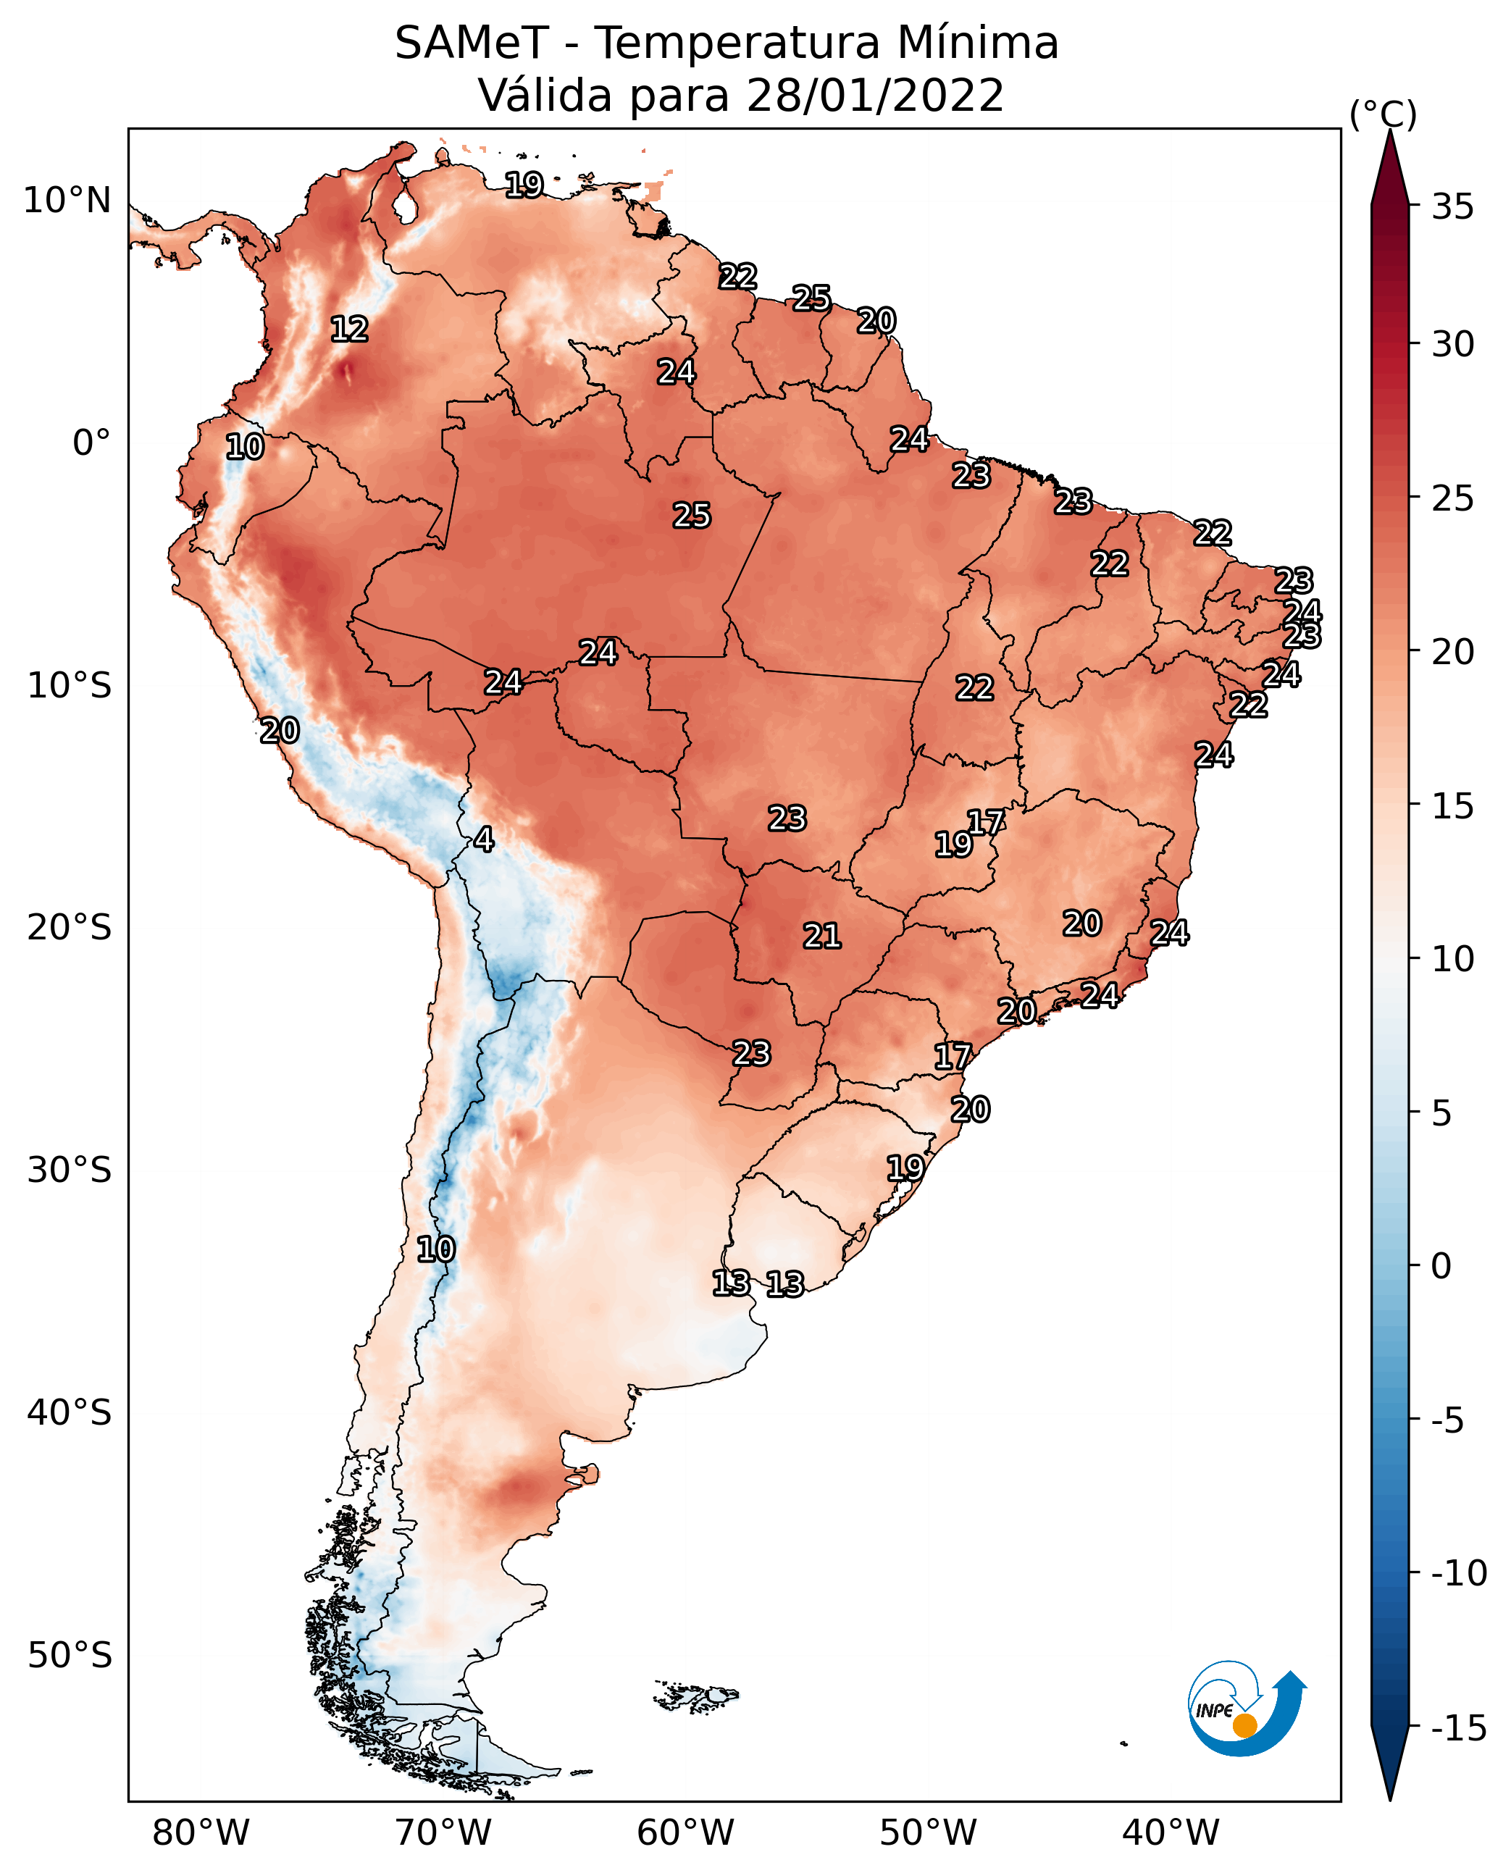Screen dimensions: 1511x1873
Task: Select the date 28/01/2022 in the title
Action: (875, 95)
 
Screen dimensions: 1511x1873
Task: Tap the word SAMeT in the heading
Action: (472, 43)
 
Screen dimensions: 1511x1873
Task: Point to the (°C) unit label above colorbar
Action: (1383, 114)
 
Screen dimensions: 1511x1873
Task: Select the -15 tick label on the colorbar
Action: (1459, 1727)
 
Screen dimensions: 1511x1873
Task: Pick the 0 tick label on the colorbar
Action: (1441, 1265)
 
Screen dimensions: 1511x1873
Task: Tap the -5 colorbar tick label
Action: (1448, 1420)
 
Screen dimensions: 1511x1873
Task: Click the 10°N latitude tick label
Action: (67, 201)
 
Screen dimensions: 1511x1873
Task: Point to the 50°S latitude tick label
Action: (70, 1656)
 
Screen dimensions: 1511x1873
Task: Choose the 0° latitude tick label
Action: (91, 443)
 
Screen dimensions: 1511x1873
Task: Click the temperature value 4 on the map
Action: (484, 840)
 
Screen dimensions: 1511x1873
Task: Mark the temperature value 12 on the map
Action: (350, 329)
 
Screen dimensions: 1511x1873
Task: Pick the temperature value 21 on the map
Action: (821, 936)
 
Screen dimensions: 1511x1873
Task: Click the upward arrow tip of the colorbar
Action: (1390, 130)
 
